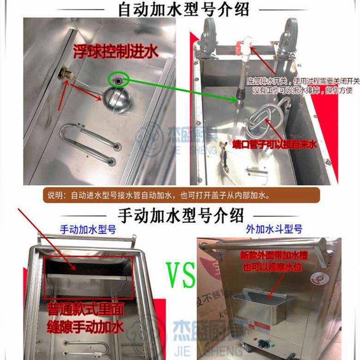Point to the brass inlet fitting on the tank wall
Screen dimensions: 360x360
click(x=65, y=73)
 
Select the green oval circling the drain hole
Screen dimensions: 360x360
click(x=119, y=80)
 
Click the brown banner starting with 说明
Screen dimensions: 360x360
click(x=180, y=195)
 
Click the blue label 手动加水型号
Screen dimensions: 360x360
click(x=88, y=229)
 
